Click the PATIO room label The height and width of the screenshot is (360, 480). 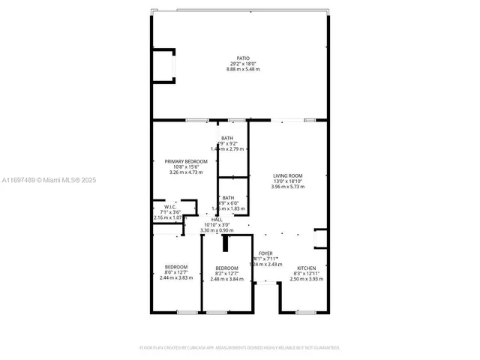[242, 58]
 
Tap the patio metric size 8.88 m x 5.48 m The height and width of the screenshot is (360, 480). [242, 69]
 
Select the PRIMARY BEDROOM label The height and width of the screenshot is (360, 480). [186, 161]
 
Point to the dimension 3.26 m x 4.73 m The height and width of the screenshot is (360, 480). [186, 172]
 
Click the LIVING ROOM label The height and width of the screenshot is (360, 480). [288, 176]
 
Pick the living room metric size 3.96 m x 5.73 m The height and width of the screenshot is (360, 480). [288, 187]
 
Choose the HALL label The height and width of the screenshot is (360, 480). [216, 219]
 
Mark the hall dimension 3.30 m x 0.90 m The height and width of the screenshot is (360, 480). [217, 230]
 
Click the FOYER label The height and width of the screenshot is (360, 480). [266, 253]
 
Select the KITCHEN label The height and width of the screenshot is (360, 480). [307, 268]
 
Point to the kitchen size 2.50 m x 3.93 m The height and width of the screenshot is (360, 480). [307, 279]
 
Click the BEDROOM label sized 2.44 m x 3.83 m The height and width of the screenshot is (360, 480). [176, 267]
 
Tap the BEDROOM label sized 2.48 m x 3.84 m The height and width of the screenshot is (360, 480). [226, 268]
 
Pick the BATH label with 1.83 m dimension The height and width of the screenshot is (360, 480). [228, 197]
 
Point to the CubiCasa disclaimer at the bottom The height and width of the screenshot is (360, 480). [240, 347]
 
